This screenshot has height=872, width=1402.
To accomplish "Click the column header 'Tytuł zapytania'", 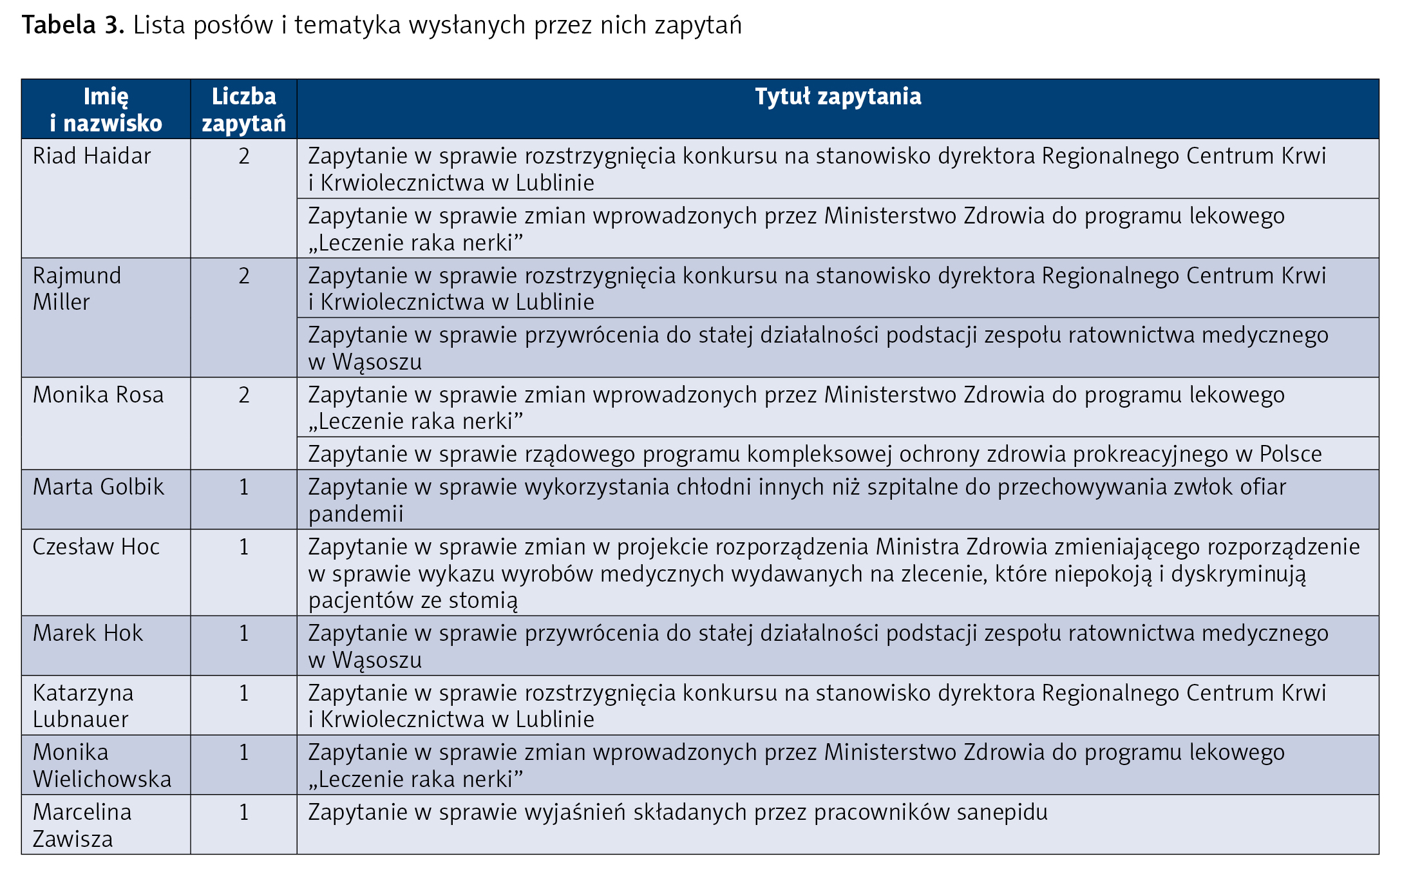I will [x=837, y=97].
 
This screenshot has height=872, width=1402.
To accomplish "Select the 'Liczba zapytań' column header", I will [x=243, y=109].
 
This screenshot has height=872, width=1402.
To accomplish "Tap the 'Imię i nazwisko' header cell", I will [x=106, y=109].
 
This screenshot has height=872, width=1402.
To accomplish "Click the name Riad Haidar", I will [x=91, y=156].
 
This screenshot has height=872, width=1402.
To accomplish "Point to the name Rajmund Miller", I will [x=77, y=289].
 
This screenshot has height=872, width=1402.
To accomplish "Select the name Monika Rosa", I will [x=98, y=395].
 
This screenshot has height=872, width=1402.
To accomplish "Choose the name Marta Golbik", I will [x=98, y=487].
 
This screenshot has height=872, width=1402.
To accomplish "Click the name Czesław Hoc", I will [x=96, y=547].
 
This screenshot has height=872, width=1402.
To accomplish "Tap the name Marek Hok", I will [x=88, y=633].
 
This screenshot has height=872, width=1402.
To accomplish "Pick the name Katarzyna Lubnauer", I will [x=83, y=706].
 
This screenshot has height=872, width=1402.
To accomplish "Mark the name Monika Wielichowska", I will [x=102, y=766].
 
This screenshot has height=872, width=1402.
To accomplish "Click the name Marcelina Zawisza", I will [x=82, y=826].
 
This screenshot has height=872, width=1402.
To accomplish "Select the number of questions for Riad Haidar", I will [x=243, y=156].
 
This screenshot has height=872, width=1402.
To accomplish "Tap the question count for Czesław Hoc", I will [x=243, y=547].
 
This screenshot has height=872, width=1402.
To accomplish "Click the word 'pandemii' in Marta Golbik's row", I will [x=355, y=514].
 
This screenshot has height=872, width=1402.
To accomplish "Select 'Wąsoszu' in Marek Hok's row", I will [x=377, y=661].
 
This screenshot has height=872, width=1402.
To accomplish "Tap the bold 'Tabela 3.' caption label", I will [x=73, y=25].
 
